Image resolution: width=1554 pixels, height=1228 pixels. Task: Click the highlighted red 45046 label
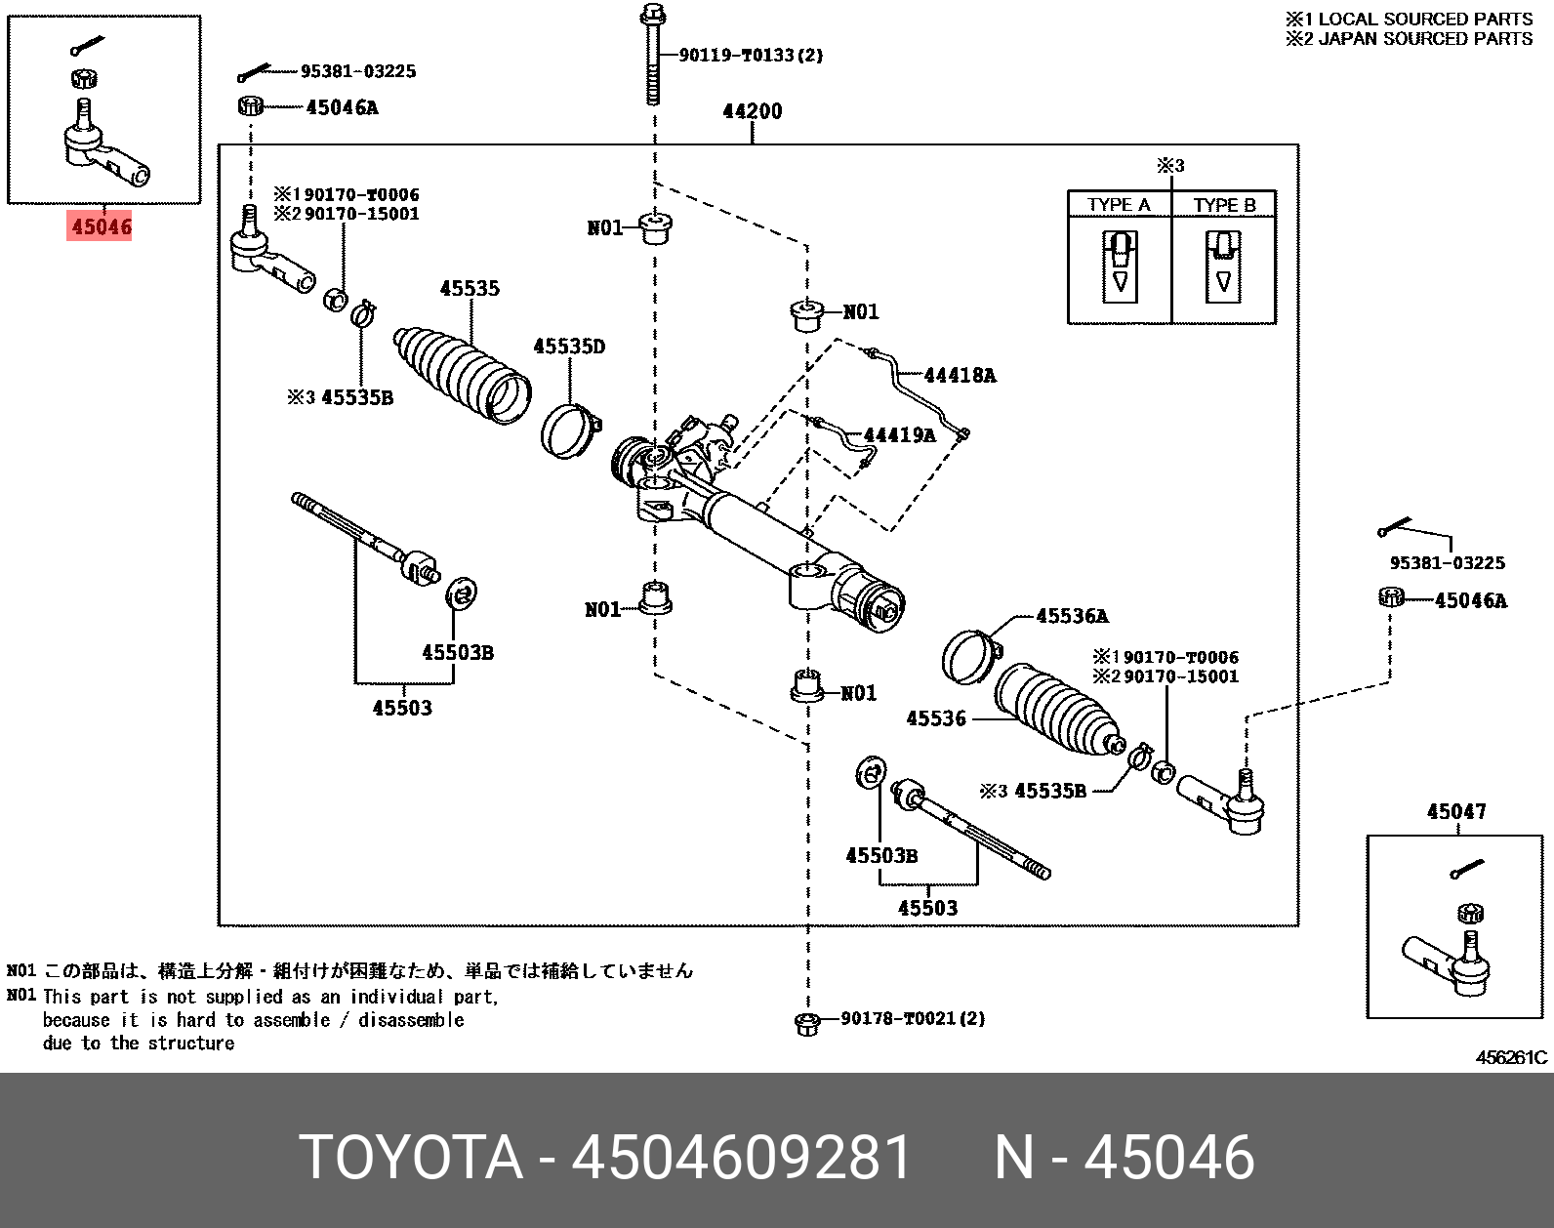[x=101, y=226]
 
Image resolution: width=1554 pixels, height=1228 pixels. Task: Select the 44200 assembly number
[x=752, y=111]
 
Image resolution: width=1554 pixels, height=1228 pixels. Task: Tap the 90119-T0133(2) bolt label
[x=751, y=56]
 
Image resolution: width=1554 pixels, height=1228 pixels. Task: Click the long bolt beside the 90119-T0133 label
[x=653, y=59]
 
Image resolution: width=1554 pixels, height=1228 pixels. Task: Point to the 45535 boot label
[x=470, y=289]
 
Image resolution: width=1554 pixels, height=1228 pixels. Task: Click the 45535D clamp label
[x=569, y=347]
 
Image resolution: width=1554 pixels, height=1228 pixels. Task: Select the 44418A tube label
[x=960, y=376]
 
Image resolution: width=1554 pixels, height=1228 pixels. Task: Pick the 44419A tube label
[x=899, y=435]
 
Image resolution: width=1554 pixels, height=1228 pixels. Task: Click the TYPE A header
[x=1119, y=205]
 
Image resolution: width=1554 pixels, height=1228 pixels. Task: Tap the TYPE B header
[x=1224, y=205]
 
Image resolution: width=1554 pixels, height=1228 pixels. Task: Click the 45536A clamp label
[x=1072, y=616]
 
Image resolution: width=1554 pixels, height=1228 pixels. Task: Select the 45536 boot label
[x=936, y=719]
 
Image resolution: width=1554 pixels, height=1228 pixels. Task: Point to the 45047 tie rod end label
[x=1456, y=812]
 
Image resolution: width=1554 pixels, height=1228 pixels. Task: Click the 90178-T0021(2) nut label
[x=913, y=1019]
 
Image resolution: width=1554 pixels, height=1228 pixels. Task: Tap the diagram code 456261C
[x=1511, y=1057]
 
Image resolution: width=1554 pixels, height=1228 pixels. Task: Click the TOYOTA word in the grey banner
[x=410, y=1159]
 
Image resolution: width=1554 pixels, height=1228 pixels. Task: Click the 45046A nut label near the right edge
[x=1470, y=601]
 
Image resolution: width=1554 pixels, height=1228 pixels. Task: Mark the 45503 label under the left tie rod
[x=402, y=709]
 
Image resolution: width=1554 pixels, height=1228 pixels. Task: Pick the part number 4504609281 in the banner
[x=741, y=1159]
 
